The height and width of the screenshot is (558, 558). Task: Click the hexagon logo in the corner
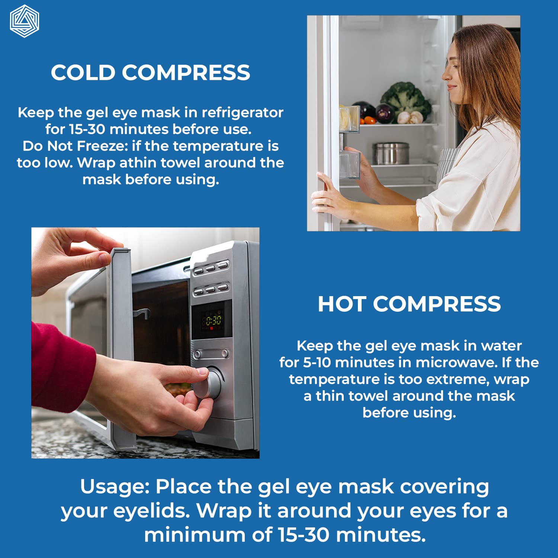coord(25,21)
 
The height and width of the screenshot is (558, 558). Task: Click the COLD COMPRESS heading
coord(151,73)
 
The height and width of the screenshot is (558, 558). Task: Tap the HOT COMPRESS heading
coord(409,304)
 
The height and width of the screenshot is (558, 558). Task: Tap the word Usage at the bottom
coord(114,487)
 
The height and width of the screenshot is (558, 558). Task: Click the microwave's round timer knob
coord(208,383)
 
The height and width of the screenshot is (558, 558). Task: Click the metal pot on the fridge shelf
coord(391,153)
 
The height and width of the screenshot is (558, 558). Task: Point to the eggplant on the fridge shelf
coord(384,113)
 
